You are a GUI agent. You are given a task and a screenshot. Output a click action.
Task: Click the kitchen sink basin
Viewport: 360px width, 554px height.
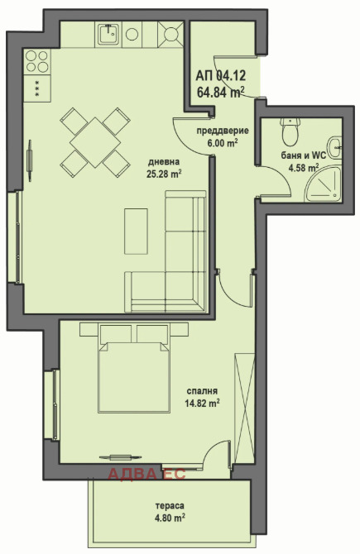click(108, 34)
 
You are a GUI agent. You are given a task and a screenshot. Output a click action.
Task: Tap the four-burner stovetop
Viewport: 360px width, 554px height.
click(36, 61)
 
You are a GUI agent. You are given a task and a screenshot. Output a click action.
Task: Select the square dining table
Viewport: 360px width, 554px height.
click(95, 142)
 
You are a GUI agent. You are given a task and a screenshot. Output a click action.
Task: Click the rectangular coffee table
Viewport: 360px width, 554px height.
click(136, 231)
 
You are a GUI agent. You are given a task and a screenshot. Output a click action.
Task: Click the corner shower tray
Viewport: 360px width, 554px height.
click(324, 184)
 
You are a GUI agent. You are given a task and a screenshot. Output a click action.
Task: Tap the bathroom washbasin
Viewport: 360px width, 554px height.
click(335, 148)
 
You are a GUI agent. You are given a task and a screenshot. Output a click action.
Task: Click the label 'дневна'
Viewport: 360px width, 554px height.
click(164, 162)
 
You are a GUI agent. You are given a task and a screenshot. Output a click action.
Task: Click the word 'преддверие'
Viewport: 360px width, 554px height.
click(223, 131)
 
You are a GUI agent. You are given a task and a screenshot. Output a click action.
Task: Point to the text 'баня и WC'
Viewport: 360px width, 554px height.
click(304, 155)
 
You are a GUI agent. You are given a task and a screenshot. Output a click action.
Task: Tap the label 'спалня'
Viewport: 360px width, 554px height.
click(202, 391)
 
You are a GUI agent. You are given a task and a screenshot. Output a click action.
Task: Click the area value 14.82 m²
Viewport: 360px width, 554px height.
click(202, 403)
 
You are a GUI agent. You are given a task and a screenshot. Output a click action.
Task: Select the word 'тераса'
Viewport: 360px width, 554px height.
click(170, 506)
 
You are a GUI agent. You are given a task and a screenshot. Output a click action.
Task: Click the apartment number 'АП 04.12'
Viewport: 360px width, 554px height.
click(221, 75)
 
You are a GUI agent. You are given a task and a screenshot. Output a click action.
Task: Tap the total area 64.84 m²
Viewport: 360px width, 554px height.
click(221, 93)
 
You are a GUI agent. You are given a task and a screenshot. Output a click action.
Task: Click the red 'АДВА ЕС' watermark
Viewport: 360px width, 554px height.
click(146, 474)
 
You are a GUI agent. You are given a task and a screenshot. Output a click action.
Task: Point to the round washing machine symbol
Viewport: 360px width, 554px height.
click(132, 34)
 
